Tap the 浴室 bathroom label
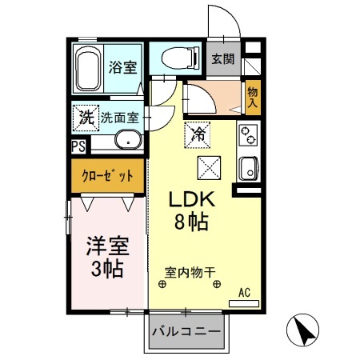click(x=122, y=66)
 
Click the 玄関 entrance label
click(x=223, y=58)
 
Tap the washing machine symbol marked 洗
click(x=85, y=117)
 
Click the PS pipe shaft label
click(x=78, y=146)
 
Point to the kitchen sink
click(x=247, y=168)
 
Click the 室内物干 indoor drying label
click(x=190, y=272)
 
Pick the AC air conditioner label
click(x=244, y=293)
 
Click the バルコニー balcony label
click(x=186, y=330)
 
